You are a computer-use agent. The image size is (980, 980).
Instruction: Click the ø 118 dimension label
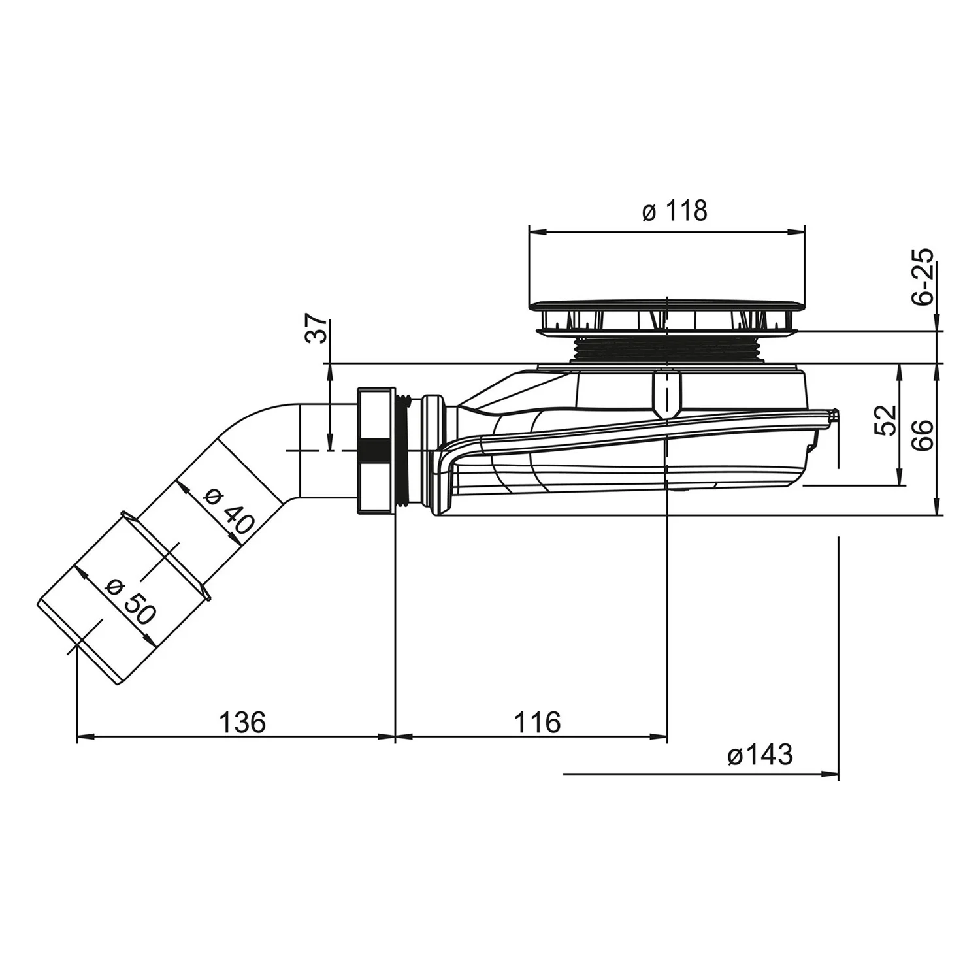674,211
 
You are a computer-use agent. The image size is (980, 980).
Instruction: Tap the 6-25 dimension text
923,278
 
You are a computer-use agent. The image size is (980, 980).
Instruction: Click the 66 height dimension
923,434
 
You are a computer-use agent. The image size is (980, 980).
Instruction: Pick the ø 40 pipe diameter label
227,512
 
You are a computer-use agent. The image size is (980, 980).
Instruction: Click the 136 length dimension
242,723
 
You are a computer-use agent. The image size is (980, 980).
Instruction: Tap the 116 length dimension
537,723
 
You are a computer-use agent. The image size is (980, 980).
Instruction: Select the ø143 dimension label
759,755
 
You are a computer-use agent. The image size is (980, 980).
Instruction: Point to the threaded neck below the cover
666,350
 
